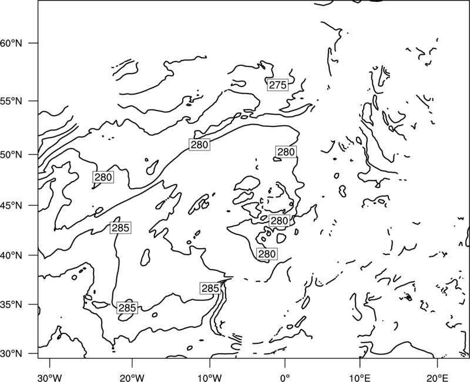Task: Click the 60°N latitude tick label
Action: pos(11,43)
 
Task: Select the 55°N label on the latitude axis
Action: pos(11,101)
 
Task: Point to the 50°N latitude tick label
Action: pos(11,155)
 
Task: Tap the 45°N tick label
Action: pos(11,206)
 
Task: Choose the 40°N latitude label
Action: pos(11,256)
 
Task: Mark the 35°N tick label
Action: pos(11,304)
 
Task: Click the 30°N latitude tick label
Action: pos(11,354)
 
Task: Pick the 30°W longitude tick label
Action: pos(50,378)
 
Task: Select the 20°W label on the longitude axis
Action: pos(132,378)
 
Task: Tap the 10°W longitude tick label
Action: pos(210,378)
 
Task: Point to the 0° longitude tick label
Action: pos(285,378)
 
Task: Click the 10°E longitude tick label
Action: pos(360,378)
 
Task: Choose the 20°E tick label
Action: pos(437,378)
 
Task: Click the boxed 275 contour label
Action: pos(278,85)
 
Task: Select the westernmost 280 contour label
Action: pos(103,177)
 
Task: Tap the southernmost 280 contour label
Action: pos(267,254)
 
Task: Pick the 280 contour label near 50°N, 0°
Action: pos(286,152)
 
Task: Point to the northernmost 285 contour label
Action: pos(120,228)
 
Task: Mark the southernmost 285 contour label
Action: pos(127,308)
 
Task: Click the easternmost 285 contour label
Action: pos(210,289)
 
